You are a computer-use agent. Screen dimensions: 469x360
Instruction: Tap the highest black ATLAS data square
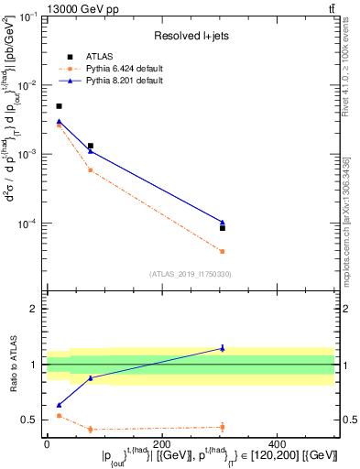60,106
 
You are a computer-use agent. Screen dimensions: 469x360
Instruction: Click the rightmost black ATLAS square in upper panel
223,227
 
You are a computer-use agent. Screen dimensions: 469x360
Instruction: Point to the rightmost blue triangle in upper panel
223,222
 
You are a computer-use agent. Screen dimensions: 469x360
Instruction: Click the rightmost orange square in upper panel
223,251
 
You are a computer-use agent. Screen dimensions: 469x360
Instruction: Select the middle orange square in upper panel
91,169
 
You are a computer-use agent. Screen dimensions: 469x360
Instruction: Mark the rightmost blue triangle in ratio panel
223,348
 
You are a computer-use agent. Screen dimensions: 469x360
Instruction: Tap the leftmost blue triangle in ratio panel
60,404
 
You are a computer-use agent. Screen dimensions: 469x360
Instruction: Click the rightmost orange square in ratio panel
223,426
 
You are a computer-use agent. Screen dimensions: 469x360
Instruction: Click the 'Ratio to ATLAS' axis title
13,364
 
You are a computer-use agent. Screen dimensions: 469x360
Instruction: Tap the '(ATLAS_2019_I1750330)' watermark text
191,273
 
